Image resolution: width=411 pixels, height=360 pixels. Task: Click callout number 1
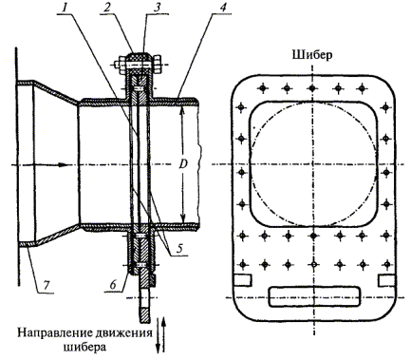click(x=65, y=8)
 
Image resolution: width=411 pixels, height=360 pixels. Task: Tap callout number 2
click(x=108, y=8)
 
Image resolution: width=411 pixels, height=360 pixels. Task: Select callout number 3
click(x=158, y=8)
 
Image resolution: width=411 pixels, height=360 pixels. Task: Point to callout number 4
click(x=223, y=8)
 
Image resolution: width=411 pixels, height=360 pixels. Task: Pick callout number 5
click(x=179, y=249)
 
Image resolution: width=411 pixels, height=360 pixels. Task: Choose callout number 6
click(x=114, y=285)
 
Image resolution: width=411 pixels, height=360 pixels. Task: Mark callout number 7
click(x=47, y=285)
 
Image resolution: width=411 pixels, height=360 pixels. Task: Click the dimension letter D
click(x=183, y=164)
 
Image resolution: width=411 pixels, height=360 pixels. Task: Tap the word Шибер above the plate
click(x=312, y=55)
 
